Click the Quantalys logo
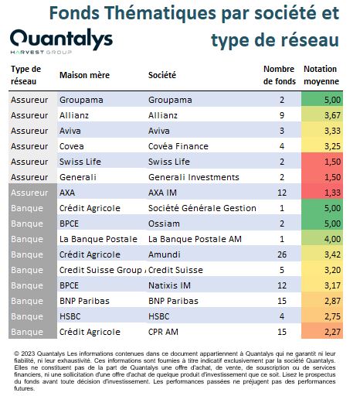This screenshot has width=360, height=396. (61, 41)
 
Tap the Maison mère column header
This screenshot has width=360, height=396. (84, 75)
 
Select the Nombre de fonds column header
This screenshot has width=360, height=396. (280, 75)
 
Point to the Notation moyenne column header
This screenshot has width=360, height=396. (321, 75)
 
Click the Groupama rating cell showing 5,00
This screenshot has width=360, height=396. (322, 100)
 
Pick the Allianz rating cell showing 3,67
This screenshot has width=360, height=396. (322, 115)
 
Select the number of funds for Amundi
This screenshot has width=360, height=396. (282, 254)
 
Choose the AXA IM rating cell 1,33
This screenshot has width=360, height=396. (322, 193)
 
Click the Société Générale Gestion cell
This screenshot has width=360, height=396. (202, 208)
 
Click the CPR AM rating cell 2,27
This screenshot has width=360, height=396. (322, 332)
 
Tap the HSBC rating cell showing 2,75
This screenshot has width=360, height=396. (322, 316)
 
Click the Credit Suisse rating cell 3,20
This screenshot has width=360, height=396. (322, 270)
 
